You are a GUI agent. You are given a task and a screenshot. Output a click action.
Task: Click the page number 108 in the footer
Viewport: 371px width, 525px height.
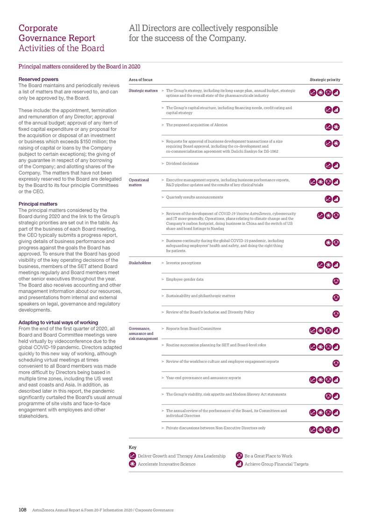pyautogui.click(x=22, y=510)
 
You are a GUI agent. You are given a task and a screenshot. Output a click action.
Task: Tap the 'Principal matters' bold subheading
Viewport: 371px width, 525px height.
pyautogui.click(x=37, y=204)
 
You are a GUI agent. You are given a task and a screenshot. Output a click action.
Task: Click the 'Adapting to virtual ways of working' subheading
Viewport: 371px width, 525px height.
pyautogui.click(x=58, y=322)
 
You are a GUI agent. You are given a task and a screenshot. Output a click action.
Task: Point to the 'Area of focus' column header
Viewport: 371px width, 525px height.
pyautogui.click(x=140, y=79)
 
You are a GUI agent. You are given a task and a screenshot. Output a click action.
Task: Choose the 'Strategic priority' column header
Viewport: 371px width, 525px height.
pyautogui.click(x=325, y=79)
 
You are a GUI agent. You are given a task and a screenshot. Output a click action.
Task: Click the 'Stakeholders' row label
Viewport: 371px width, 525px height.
pyautogui.click(x=140, y=263)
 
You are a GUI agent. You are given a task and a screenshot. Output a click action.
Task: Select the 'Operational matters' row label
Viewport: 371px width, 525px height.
pyautogui.click(x=138, y=182)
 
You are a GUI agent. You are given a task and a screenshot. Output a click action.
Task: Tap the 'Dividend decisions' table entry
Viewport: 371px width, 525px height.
pyautogui.click(x=182, y=164)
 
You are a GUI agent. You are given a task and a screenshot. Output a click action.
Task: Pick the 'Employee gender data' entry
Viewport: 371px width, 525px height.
pyautogui.click(x=185, y=279)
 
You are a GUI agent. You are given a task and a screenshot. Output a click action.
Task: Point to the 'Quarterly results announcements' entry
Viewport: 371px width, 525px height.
pyautogui.click(x=194, y=197)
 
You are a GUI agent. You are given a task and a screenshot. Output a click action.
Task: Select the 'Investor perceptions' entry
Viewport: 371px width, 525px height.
pyautogui.click(x=184, y=263)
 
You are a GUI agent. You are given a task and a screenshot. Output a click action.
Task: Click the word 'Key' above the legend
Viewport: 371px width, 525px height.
pyautogui.click(x=132, y=447)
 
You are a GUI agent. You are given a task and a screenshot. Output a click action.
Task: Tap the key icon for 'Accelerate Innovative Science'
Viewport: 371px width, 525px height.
pyautogui.click(x=132, y=464)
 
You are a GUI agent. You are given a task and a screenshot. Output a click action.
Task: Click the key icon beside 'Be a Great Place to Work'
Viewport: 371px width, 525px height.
pyautogui.click(x=239, y=455)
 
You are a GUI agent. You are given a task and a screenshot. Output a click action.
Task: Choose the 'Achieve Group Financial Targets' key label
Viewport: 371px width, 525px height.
pyautogui.click(x=276, y=464)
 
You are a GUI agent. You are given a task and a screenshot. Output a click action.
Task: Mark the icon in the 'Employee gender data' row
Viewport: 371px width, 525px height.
pyautogui.click(x=335, y=281)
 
